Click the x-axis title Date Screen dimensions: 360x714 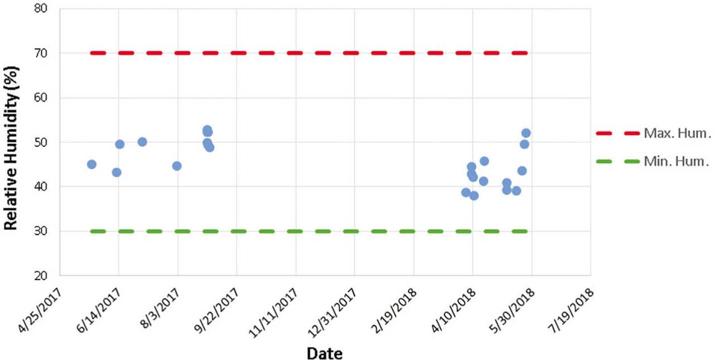pos(324,353)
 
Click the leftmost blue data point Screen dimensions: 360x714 pos(91,164)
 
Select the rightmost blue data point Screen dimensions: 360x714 pos(525,133)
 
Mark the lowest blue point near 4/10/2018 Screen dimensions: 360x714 pos(474,195)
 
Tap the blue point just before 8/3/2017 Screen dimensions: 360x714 pos(177,166)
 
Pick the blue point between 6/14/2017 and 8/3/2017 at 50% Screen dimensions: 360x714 pos(142,142)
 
